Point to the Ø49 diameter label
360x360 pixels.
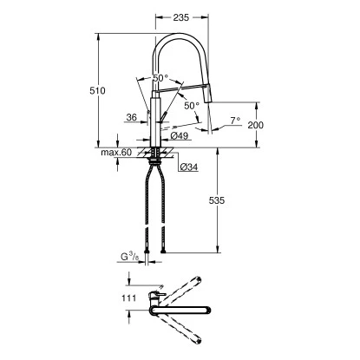click(180, 136)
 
